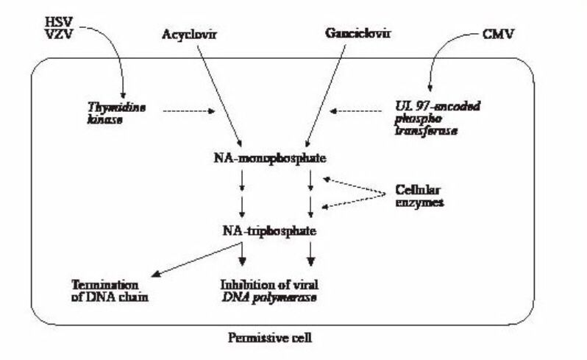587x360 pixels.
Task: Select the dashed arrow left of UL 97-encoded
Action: coord(357,112)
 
